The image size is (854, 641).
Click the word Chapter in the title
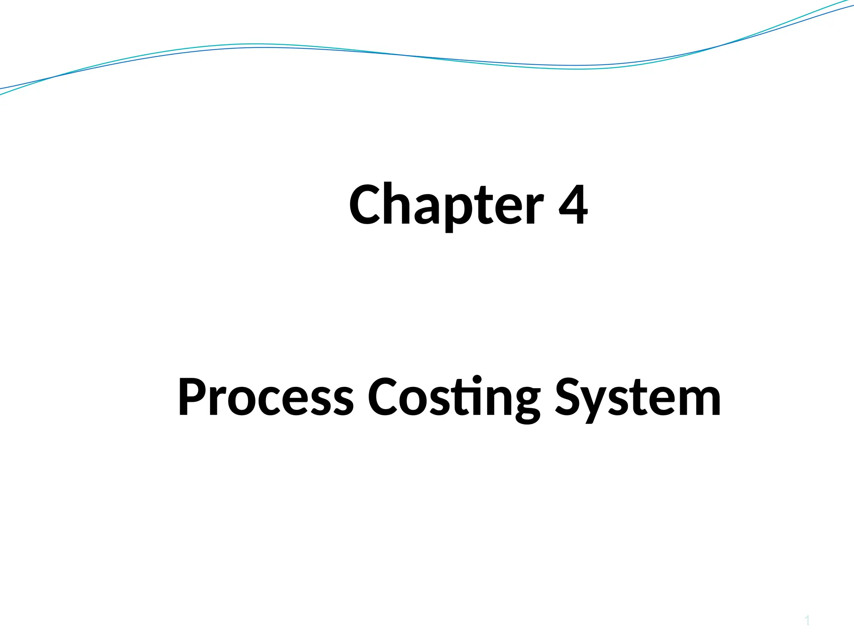(446, 205)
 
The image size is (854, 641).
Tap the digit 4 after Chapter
(573, 204)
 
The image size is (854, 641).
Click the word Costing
(454, 397)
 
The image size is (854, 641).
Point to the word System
(638, 397)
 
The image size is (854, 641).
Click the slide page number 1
(807, 621)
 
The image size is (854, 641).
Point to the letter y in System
(595, 403)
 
